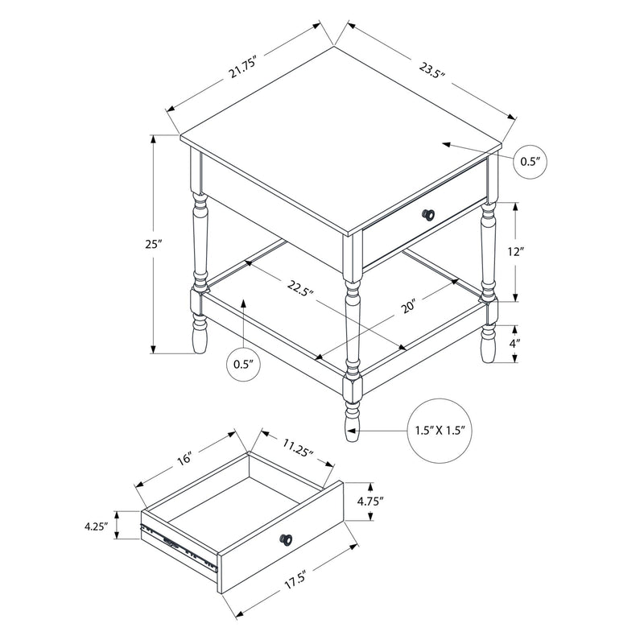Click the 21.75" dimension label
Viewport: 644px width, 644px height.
[x=243, y=68]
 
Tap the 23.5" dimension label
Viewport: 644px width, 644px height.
[x=432, y=72]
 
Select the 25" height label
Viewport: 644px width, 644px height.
[x=154, y=244]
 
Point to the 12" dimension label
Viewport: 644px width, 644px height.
[x=516, y=252]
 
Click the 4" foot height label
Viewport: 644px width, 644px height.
[x=515, y=344]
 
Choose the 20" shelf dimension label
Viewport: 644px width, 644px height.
[x=410, y=306]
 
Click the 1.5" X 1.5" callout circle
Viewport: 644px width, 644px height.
[x=440, y=431]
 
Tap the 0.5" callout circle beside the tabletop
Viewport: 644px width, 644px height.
[x=531, y=162]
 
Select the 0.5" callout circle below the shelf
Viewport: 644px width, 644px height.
[x=244, y=365]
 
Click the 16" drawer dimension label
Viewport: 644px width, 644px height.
[x=184, y=459]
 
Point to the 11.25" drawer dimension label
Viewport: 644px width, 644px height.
[x=298, y=448]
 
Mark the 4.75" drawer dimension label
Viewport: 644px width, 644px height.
[x=370, y=501]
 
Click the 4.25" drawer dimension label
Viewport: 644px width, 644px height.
[x=96, y=526]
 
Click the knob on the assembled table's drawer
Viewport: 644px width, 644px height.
[x=428, y=214]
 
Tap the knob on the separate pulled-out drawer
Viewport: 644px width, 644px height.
[x=287, y=539]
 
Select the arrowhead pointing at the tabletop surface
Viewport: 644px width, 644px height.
[x=446, y=144]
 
